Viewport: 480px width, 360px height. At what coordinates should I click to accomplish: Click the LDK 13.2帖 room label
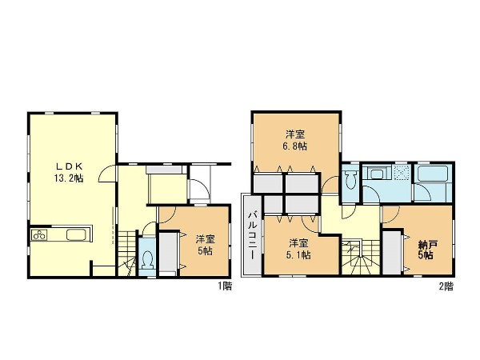[x=69, y=172]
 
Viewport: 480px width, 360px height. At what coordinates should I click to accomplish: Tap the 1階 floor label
[x=225, y=286]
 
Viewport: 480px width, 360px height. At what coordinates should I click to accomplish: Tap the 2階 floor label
[x=446, y=286]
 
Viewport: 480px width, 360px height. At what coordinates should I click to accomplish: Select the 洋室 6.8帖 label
[x=295, y=140]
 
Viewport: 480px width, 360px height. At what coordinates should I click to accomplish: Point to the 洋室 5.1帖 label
[x=298, y=249]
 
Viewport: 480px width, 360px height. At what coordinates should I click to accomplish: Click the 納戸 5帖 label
[x=426, y=250]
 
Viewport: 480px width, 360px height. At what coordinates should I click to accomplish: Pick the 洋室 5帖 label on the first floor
[x=205, y=245]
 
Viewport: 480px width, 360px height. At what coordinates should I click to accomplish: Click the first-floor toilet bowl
[x=147, y=259]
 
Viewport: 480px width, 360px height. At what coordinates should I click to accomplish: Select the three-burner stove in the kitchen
[x=39, y=235]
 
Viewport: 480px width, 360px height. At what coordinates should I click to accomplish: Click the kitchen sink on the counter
[x=75, y=235]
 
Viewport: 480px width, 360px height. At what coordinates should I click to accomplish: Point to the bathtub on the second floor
[x=433, y=174]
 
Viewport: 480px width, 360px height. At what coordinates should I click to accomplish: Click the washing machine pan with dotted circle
[x=402, y=174]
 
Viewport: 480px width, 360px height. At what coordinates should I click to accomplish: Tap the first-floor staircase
[x=127, y=254]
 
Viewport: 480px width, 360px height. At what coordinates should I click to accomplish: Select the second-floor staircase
[x=361, y=257]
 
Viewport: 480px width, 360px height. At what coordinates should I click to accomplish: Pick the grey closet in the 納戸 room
[x=392, y=253]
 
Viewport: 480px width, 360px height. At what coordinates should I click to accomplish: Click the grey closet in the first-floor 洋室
[x=168, y=253]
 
